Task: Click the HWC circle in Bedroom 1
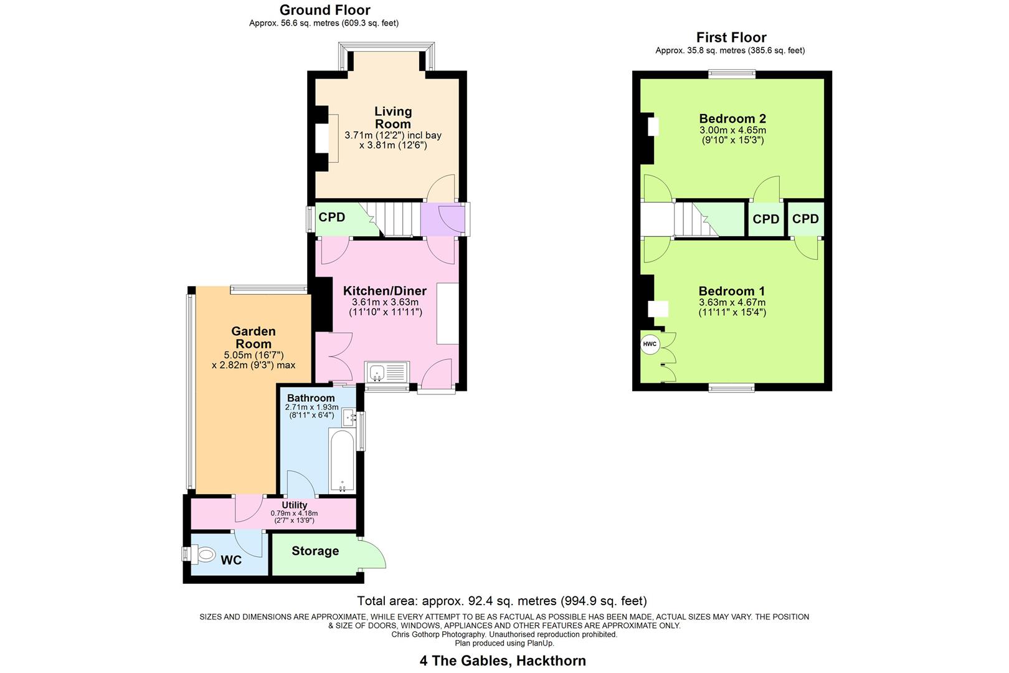click(x=650, y=344)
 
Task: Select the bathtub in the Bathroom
click(x=341, y=461)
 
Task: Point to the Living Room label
click(x=393, y=117)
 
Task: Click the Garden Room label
click(x=253, y=337)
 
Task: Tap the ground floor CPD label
click(x=331, y=217)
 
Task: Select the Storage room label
click(x=315, y=551)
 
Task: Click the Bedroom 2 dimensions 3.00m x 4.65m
click(x=732, y=130)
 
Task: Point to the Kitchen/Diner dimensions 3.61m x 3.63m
click(x=385, y=302)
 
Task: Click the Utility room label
click(x=294, y=505)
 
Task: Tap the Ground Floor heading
click(x=324, y=10)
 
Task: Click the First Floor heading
click(x=731, y=37)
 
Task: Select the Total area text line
click(x=501, y=601)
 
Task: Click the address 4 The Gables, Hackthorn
click(x=502, y=661)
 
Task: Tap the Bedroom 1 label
click(x=732, y=291)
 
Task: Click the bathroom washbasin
click(x=349, y=416)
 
